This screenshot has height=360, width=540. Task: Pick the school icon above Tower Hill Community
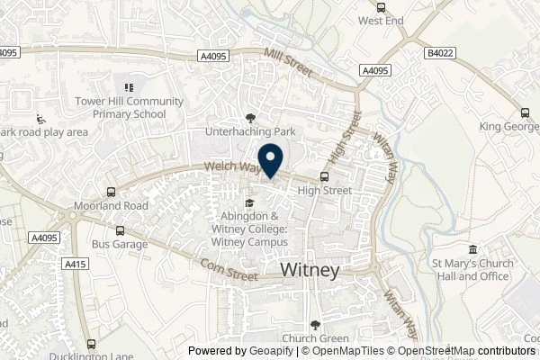pyautogui.click(x=128, y=87)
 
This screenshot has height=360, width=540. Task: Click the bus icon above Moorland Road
pyautogui.click(x=110, y=192)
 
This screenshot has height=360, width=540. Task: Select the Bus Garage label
pyautogui.click(x=114, y=243)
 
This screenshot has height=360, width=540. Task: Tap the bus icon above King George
pyautogui.click(x=523, y=113)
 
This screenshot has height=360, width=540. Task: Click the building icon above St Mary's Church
pyautogui.click(x=472, y=250)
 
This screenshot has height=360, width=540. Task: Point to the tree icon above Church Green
pyautogui.click(x=314, y=325)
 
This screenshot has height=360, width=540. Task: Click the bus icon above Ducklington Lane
pyautogui.click(x=91, y=344)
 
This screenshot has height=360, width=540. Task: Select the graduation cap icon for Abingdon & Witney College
pyautogui.click(x=249, y=202)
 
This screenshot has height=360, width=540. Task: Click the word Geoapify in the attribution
pyautogui.click(x=269, y=351)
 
